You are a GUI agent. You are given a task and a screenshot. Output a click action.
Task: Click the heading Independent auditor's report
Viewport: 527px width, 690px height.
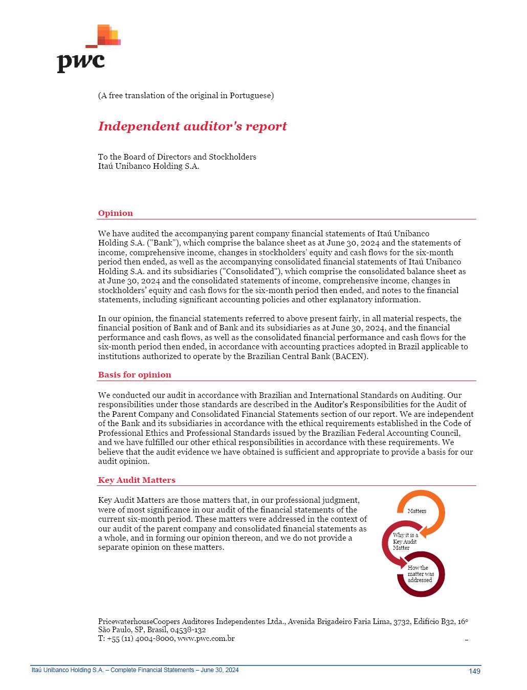point(192,126)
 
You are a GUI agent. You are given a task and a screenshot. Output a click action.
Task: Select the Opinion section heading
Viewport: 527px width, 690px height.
point(116,213)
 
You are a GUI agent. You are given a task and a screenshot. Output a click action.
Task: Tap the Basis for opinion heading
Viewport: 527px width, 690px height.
point(135,375)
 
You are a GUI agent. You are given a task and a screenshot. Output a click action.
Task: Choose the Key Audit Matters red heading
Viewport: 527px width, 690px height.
point(137,480)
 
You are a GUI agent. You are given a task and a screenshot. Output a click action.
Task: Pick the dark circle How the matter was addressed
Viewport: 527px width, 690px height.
point(421,574)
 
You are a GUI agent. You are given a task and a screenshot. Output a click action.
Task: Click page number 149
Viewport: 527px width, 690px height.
point(474,671)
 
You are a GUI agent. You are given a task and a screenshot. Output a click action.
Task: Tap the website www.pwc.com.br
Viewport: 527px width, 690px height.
point(206,639)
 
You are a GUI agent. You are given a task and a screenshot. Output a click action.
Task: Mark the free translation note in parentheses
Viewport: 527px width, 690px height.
point(186,96)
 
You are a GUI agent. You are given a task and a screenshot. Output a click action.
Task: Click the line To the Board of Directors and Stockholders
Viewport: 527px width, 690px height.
point(177,157)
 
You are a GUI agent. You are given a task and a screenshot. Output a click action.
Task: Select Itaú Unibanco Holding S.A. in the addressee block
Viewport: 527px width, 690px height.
point(148,166)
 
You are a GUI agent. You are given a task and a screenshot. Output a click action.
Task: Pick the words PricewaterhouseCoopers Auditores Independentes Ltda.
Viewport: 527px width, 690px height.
point(192,621)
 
